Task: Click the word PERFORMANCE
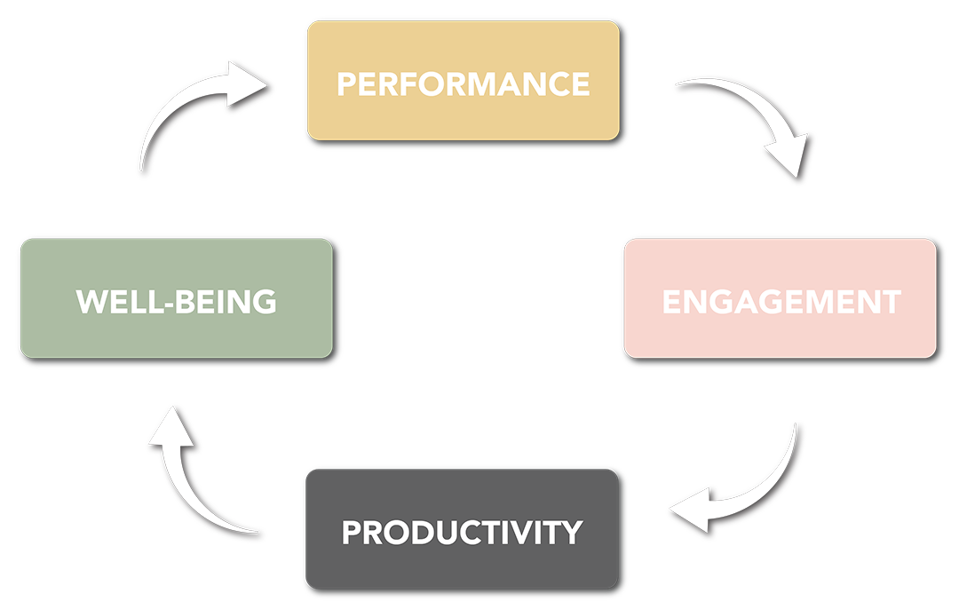point(463,84)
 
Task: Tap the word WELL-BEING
point(176,302)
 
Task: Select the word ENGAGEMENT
point(781,302)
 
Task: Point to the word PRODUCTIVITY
point(462,533)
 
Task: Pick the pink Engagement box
point(780,266)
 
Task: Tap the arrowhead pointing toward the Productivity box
point(687,512)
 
